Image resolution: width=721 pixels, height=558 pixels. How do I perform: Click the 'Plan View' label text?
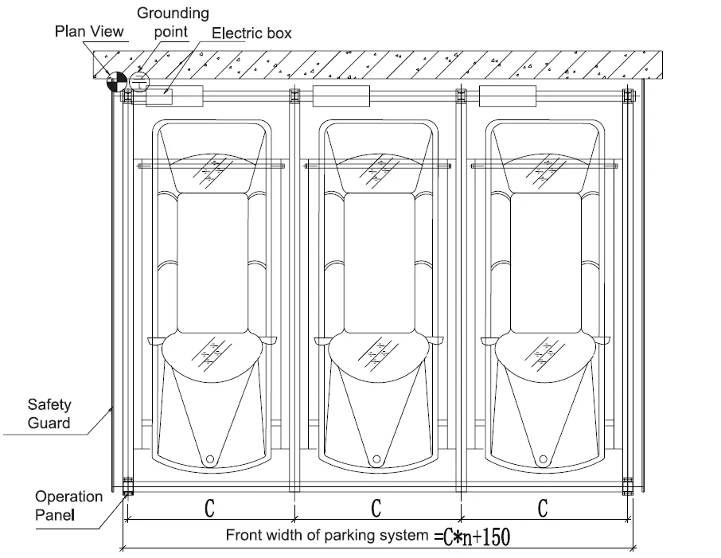click(89, 31)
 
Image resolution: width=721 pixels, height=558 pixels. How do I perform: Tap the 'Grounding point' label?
click(173, 22)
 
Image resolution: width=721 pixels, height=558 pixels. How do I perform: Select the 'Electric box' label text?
click(251, 33)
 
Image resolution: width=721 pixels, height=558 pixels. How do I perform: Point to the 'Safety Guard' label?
click(49, 414)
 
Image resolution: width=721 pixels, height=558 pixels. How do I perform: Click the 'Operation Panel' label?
click(68, 505)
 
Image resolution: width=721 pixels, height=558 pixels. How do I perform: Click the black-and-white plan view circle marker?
click(117, 82)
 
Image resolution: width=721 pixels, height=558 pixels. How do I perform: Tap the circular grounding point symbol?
click(139, 82)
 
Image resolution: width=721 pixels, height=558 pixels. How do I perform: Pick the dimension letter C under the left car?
click(209, 509)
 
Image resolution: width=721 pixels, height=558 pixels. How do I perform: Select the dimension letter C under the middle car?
click(376, 509)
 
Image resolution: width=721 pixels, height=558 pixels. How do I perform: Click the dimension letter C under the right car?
click(543, 509)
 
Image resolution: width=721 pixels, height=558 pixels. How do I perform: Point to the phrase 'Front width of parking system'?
click(327, 535)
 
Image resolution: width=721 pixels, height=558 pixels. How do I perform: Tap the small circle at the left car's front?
click(210, 458)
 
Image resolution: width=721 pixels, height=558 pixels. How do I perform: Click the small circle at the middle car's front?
click(376, 458)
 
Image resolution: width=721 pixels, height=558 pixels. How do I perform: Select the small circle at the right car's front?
click(543, 458)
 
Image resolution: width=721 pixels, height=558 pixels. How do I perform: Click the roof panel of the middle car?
click(379, 263)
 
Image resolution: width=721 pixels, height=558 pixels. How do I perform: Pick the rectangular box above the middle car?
click(341, 96)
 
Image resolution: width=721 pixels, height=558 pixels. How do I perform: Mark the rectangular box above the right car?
click(508, 96)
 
